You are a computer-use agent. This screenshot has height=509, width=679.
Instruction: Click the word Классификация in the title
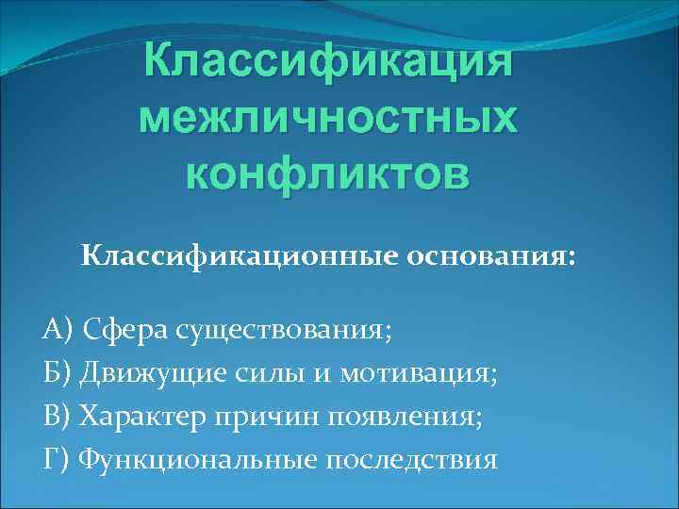tap(327, 62)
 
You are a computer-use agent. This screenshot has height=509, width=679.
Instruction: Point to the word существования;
tap(276, 331)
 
